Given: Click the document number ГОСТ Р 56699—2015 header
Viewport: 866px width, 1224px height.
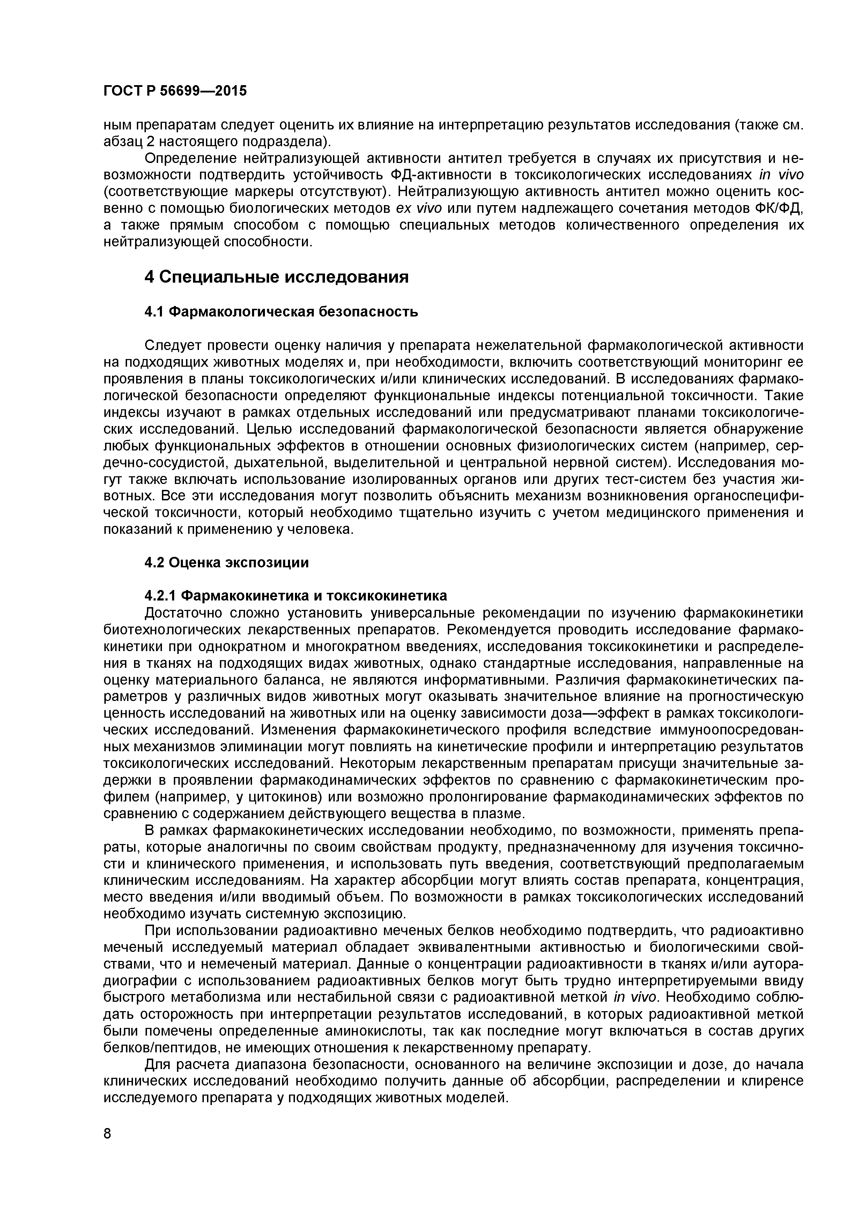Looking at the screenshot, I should coord(175,91).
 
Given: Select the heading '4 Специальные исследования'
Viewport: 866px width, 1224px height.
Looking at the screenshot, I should coord(276,277).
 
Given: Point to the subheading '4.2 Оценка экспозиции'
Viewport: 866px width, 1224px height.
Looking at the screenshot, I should coord(227,563).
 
